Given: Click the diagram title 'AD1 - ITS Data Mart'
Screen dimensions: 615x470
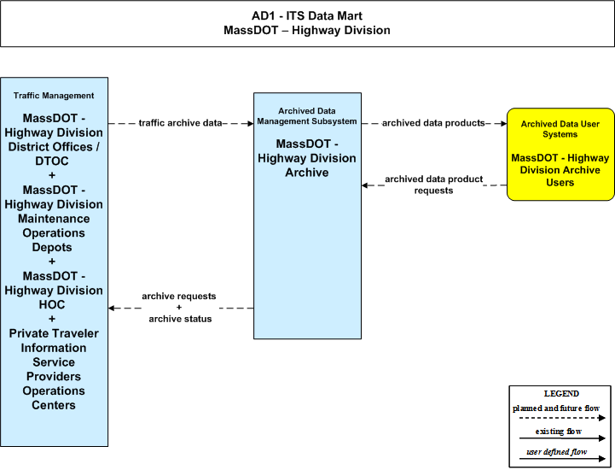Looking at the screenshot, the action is (307, 15).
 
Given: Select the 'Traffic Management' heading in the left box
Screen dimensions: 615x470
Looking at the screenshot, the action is (54, 96).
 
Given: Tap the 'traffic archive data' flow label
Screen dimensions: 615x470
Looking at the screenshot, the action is (181, 123).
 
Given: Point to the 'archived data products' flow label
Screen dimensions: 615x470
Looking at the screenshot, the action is (433, 123).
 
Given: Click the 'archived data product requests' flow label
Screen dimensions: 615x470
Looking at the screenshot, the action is (434, 185).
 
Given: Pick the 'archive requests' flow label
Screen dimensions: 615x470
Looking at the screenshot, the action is (179, 296).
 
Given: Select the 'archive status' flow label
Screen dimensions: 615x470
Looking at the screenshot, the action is (180, 319).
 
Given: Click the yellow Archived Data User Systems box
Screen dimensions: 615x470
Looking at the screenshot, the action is (560, 155).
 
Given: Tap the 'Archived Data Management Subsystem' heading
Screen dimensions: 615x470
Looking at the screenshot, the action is (307, 116).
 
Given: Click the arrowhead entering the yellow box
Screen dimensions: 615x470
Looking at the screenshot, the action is (503, 123).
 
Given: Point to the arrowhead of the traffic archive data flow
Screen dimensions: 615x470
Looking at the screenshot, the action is (250, 123).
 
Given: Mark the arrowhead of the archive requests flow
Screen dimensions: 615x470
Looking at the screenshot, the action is (112, 308).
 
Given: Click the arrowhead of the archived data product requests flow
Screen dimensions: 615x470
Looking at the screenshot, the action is (365, 185).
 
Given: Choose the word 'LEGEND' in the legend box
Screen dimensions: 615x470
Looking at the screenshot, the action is (561, 394).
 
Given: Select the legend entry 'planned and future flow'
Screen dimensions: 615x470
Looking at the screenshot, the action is (556, 408).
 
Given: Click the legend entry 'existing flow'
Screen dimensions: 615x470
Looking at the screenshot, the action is (558, 432).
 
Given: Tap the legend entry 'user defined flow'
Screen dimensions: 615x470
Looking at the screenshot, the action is (556, 452).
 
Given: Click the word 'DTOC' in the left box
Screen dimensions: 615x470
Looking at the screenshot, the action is (52, 162).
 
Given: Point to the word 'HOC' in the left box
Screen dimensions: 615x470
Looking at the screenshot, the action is (52, 304).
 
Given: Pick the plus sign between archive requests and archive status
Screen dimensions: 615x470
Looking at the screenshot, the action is (179, 308).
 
